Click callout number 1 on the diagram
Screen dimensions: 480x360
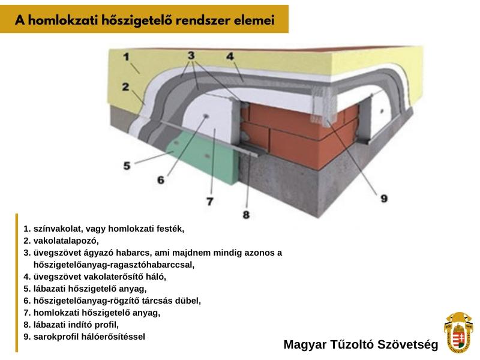(126, 57)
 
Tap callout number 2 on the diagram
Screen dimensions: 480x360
(125, 87)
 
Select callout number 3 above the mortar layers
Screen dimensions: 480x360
(191, 55)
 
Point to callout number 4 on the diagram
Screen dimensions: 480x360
(230, 56)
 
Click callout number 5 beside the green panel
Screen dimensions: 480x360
(127, 166)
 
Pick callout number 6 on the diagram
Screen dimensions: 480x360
(161, 180)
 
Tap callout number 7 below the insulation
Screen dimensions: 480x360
(209, 202)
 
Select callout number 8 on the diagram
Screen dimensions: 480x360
(246, 215)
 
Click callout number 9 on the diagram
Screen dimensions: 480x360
(384, 199)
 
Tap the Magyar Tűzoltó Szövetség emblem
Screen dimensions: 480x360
(458, 332)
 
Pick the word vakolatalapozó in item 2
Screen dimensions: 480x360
(66, 241)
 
